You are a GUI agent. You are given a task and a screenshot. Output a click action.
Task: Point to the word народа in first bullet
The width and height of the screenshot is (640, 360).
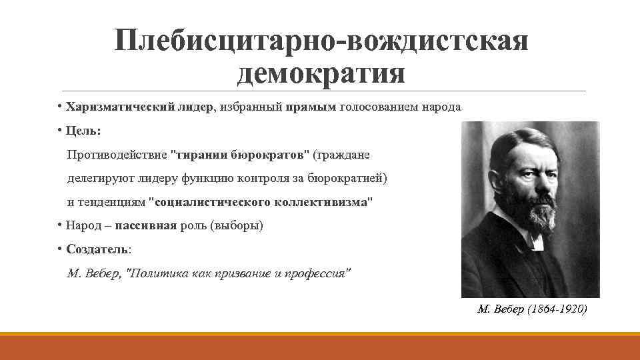tap(440, 107)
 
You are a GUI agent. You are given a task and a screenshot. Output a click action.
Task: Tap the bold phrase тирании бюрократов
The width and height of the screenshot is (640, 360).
tap(241, 155)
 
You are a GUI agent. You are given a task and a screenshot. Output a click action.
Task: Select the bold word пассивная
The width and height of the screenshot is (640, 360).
tap(145, 226)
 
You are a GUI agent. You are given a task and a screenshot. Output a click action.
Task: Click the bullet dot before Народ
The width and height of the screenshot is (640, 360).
tap(59, 225)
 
